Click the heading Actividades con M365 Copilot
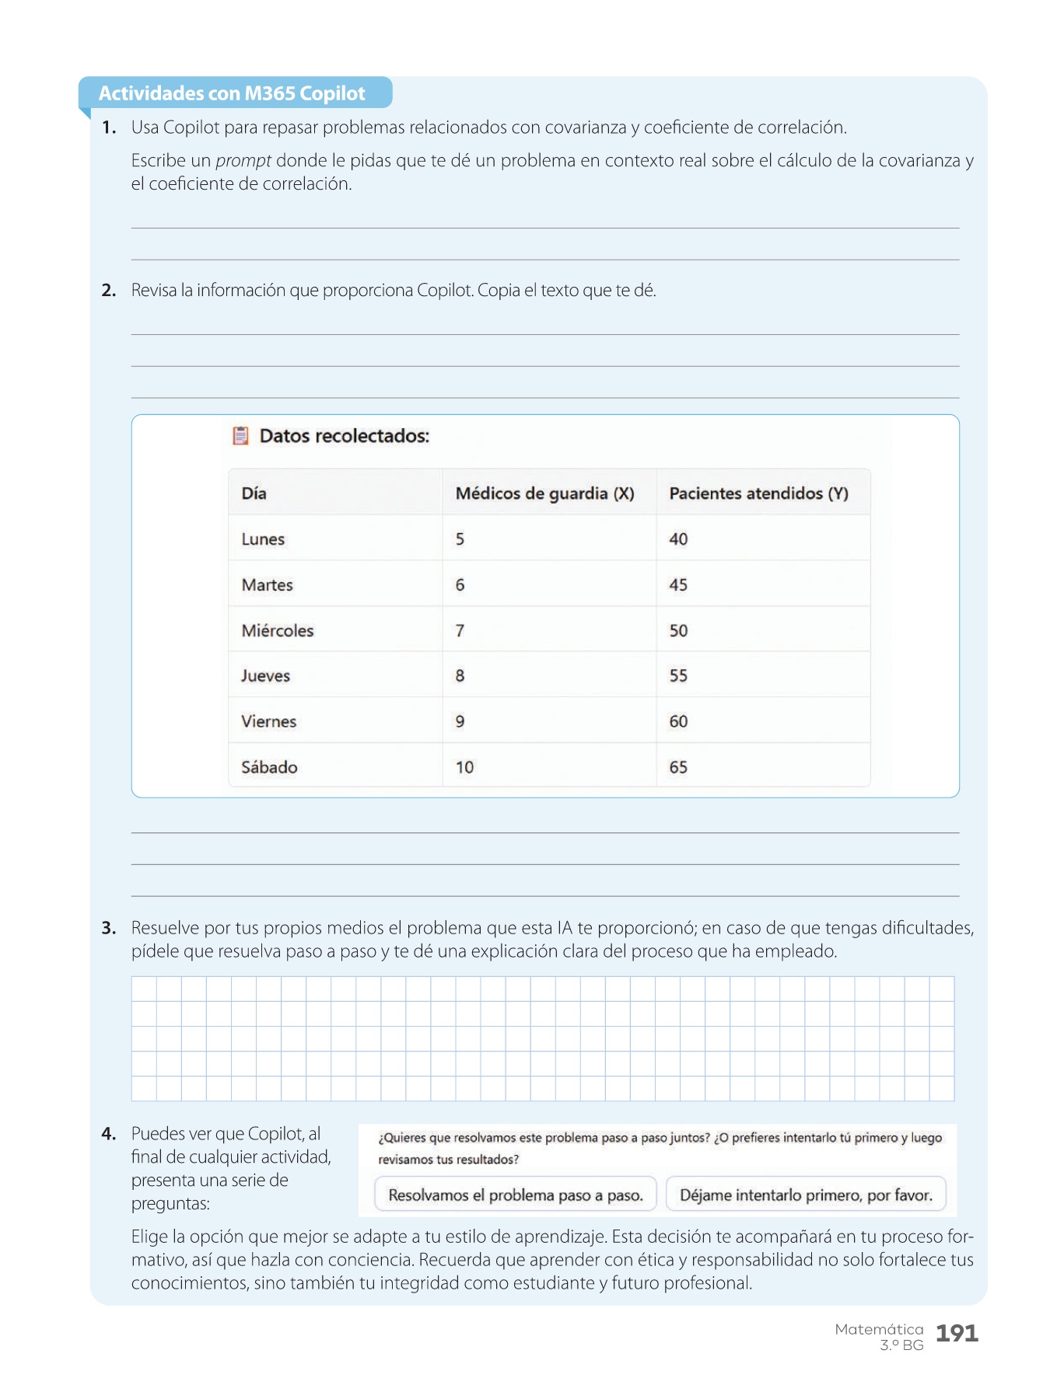click(x=232, y=93)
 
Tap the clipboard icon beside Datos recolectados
click(x=241, y=435)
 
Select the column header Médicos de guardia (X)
click(x=544, y=494)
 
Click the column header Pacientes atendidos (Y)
click(x=758, y=494)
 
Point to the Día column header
click(x=254, y=494)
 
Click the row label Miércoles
click(x=278, y=630)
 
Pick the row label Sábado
click(x=269, y=767)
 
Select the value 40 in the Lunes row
click(x=678, y=539)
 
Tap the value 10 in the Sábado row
click(x=464, y=767)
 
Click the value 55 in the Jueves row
click(x=678, y=675)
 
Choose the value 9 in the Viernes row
click(x=460, y=721)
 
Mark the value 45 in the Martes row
click(x=678, y=584)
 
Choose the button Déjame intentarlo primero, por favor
click(x=806, y=1195)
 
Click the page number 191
click(x=957, y=1333)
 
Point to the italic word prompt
click(x=243, y=161)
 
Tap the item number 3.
click(x=109, y=928)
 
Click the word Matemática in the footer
click(x=879, y=1329)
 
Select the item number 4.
click(x=109, y=1134)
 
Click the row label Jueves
click(x=265, y=675)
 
